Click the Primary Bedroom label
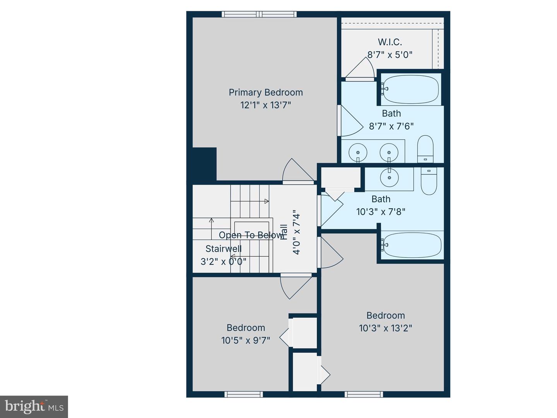click(x=265, y=93)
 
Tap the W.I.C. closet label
click(x=390, y=42)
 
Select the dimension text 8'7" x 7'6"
click(x=391, y=126)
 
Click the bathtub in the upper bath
click(x=410, y=89)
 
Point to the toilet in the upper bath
click(x=425, y=149)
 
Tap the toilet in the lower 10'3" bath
click(x=429, y=181)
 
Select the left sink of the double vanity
click(x=358, y=152)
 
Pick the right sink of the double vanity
click(x=388, y=152)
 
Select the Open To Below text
click(x=251, y=235)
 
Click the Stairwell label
click(x=223, y=249)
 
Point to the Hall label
click(x=284, y=232)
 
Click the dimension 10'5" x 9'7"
click(x=246, y=340)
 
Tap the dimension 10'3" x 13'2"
click(x=385, y=328)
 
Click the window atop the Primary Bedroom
click(x=259, y=14)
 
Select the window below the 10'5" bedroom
click(x=244, y=394)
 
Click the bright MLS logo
click(x=34, y=406)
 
